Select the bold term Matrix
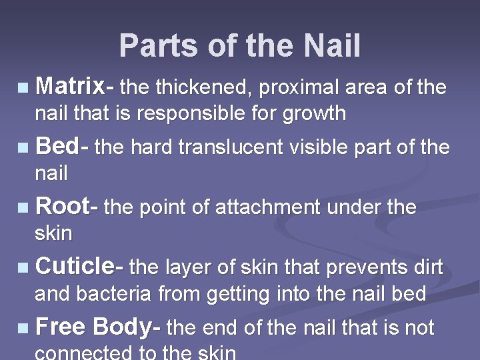coord(70,87)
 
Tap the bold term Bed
coord(57,147)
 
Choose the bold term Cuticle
coord(75,267)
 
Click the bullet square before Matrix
coord(23,88)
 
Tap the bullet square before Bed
coord(23,148)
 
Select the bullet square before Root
coord(23,208)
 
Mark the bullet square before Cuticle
coord(23,268)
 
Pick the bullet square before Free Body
coord(23,328)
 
